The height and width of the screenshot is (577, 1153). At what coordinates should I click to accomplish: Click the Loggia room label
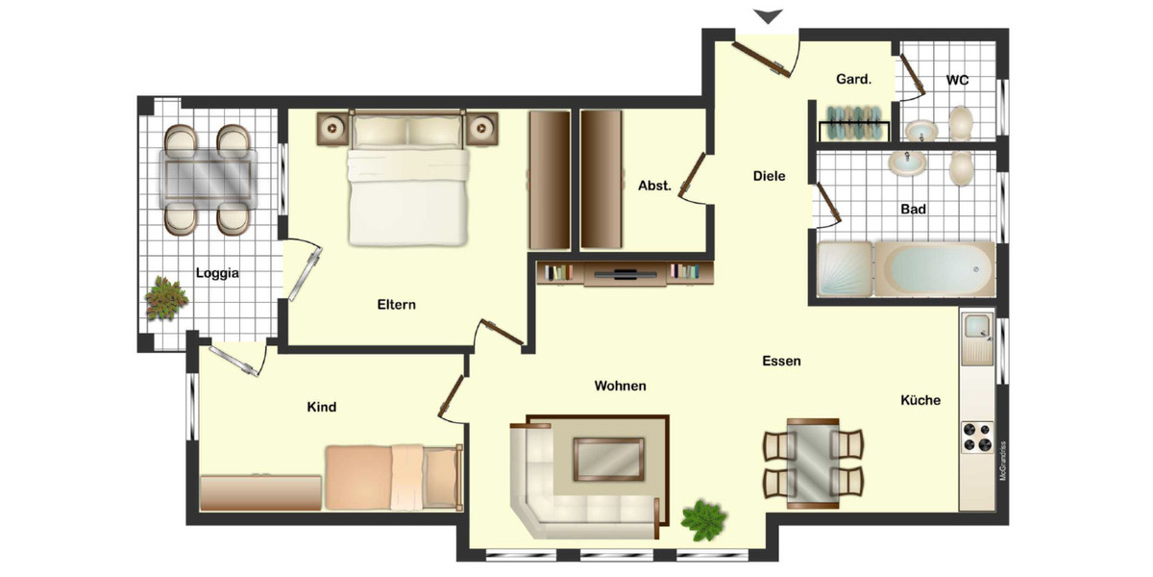click(x=217, y=273)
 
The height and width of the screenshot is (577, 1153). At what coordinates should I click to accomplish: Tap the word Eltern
click(x=397, y=305)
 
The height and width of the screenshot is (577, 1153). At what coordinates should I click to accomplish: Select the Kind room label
click(x=321, y=408)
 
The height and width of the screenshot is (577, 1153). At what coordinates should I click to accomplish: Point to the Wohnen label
click(x=620, y=387)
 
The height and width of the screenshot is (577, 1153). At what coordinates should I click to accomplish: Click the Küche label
click(x=920, y=400)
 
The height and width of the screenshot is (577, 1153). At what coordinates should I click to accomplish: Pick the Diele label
click(x=769, y=176)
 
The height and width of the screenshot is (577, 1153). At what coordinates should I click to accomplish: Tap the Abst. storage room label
click(x=654, y=186)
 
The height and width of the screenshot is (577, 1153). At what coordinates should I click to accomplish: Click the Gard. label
click(x=853, y=80)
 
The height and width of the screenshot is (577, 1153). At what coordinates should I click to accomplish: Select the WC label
click(x=957, y=80)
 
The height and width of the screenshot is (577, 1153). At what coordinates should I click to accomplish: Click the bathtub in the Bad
click(x=935, y=268)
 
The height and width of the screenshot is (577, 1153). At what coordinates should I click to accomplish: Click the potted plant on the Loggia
click(x=165, y=299)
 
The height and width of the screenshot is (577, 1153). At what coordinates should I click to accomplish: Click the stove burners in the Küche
click(x=977, y=437)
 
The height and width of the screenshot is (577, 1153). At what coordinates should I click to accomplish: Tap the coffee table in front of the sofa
click(x=609, y=458)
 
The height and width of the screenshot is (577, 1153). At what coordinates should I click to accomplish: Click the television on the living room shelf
click(x=625, y=273)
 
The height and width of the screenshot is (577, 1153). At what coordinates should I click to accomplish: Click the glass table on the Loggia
click(x=209, y=175)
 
